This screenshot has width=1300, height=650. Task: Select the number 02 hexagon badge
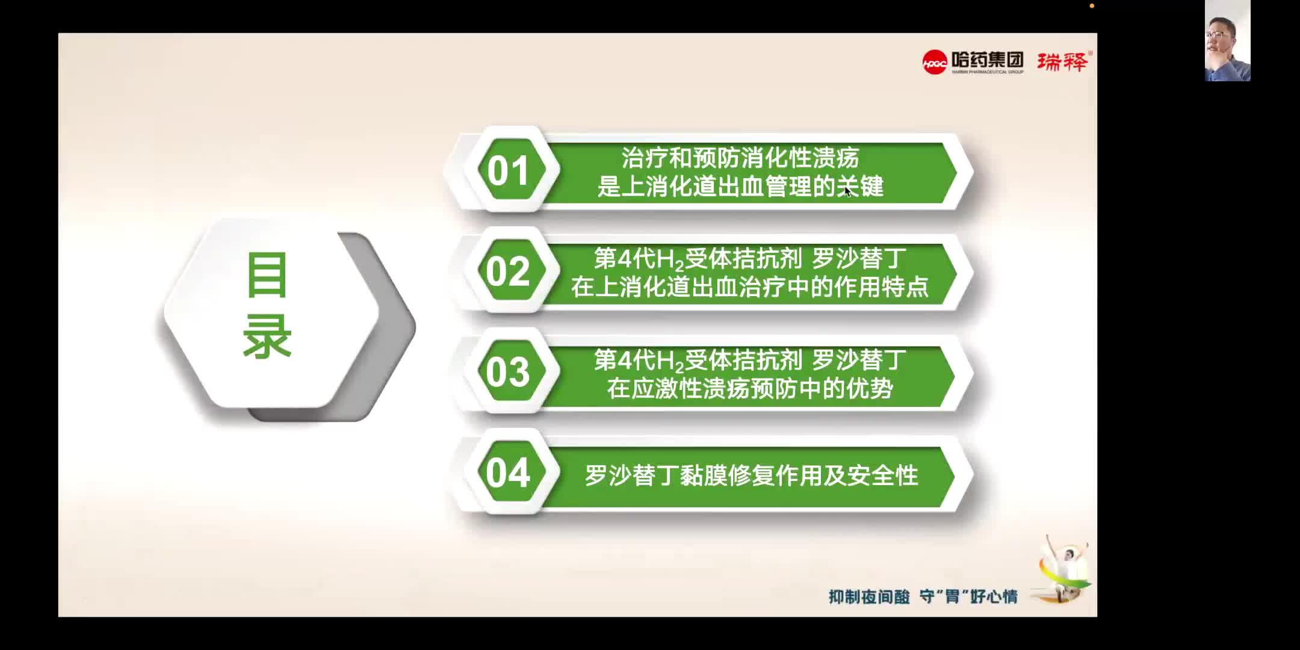[x=509, y=271]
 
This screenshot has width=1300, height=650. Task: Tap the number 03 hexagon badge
[x=509, y=372]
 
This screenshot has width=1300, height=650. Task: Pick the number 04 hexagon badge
[x=509, y=473]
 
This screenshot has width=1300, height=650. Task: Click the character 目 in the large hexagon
[x=267, y=276]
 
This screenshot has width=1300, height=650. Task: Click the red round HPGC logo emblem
[x=935, y=62]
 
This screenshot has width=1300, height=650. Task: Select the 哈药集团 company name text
[x=987, y=60]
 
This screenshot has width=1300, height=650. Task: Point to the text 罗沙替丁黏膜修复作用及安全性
[x=751, y=476]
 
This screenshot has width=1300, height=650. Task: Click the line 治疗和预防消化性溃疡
[x=740, y=158]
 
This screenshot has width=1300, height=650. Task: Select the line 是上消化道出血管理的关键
[x=740, y=187]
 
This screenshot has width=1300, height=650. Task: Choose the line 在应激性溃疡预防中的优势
[x=749, y=389]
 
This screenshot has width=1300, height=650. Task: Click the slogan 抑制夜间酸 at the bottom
[x=868, y=596]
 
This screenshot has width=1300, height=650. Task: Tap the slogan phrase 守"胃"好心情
[x=968, y=596]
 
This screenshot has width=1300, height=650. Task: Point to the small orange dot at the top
[x=1092, y=6]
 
